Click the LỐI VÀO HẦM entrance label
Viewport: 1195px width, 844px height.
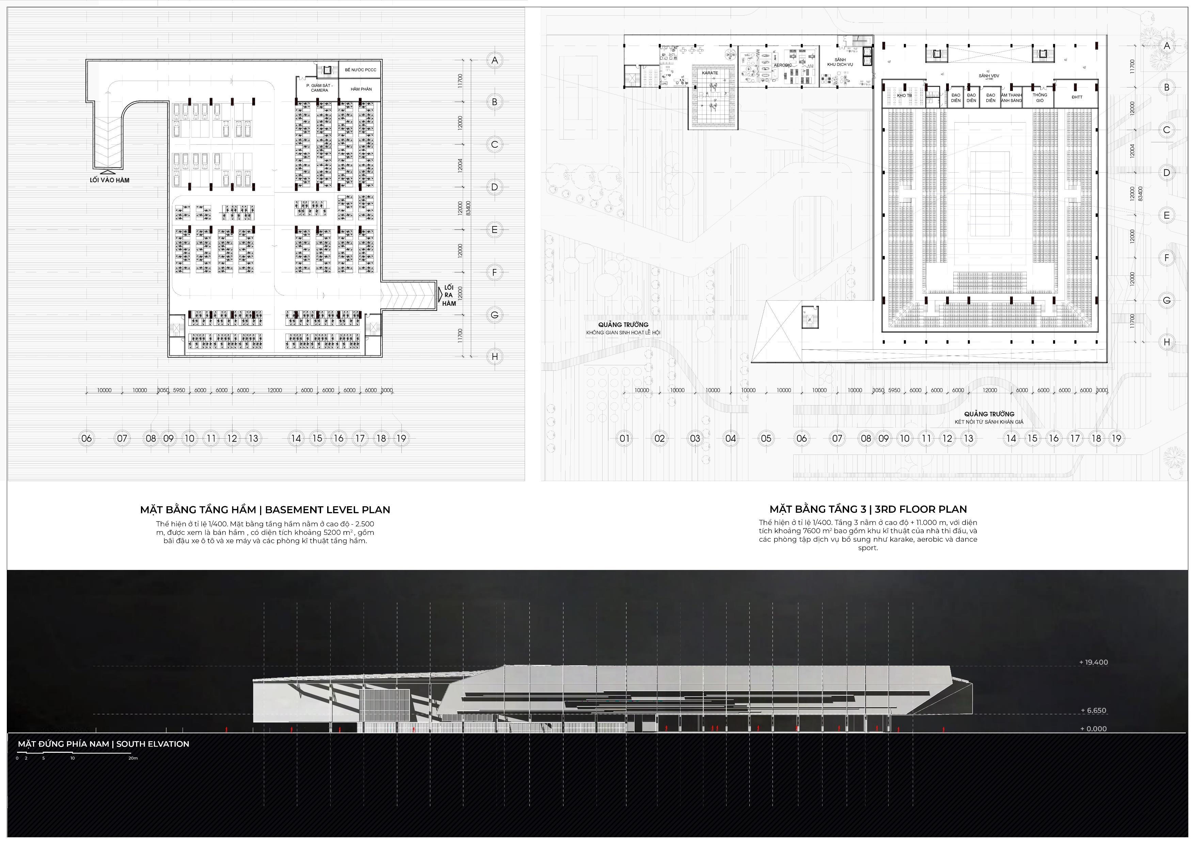pyautogui.click(x=109, y=180)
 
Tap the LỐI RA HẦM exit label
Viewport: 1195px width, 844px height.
pyautogui.click(x=449, y=296)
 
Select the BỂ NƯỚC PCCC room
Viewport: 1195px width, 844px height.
pyautogui.click(x=360, y=70)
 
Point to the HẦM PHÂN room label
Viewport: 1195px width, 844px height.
pyautogui.click(x=361, y=89)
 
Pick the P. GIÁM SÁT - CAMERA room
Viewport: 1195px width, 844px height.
pyautogui.click(x=319, y=88)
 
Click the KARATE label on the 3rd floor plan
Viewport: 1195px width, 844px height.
pyautogui.click(x=710, y=73)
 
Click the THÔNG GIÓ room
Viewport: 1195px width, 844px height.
pyautogui.click(x=1040, y=97)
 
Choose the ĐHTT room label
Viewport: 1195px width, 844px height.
pyautogui.click(x=1077, y=97)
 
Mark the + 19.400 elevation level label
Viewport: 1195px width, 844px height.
pyautogui.click(x=1094, y=663)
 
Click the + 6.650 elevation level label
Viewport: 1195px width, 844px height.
pyautogui.click(x=1094, y=710)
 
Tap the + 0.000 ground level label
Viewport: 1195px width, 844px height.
pyautogui.click(x=1094, y=729)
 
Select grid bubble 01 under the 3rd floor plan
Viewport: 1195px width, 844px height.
pyautogui.click(x=624, y=439)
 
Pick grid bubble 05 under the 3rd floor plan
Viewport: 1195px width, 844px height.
pyautogui.click(x=766, y=439)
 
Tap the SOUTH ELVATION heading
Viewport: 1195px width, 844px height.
pyautogui.click(x=103, y=744)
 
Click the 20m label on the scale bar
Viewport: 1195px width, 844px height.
pyautogui.click(x=133, y=758)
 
